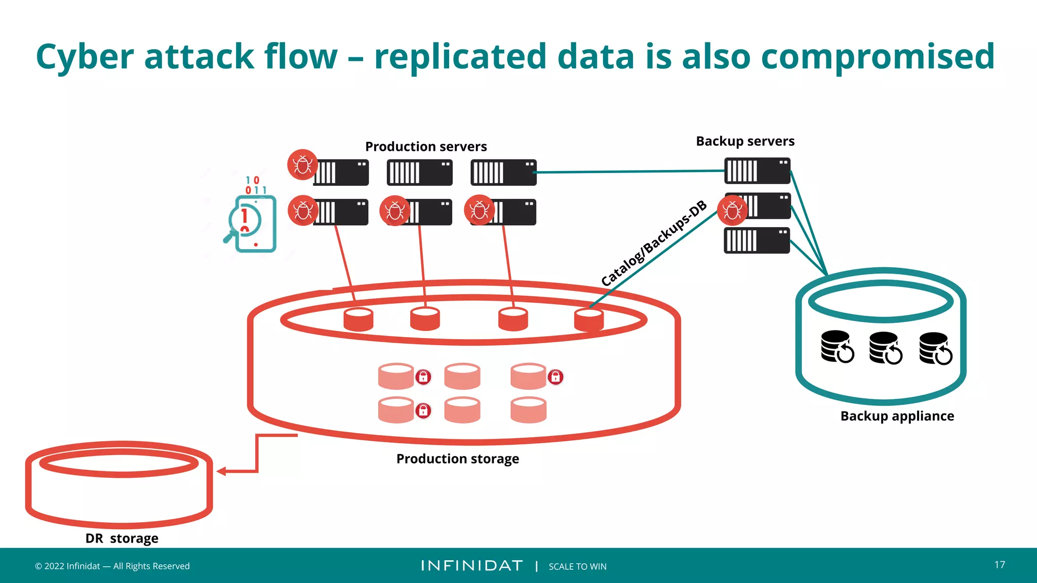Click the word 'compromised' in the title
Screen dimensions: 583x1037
coord(878,57)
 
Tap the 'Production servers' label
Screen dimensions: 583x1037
coord(426,147)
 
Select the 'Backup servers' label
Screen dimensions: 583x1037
coord(745,141)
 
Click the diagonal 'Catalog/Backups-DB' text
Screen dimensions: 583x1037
coord(653,243)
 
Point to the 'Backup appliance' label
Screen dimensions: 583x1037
coord(897,416)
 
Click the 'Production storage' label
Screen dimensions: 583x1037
coord(457,459)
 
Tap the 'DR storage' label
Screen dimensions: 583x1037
coord(122,538)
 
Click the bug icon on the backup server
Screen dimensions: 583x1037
coord(732,211)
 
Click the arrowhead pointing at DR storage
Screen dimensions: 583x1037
coord(221,472)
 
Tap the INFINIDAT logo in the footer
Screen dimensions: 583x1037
coord(471,566)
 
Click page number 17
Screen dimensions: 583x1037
coord(1000,565)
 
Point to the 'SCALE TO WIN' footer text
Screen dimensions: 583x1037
coord(577,567)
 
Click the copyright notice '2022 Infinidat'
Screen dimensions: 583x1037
coord(112,566)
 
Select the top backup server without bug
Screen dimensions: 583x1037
coord(757,171)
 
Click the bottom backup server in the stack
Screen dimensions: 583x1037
coord(756,240)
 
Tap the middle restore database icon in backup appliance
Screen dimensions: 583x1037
coord(885,348)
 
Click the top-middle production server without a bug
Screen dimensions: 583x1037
coord(419,173)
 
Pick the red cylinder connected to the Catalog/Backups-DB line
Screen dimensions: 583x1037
coord(588,320)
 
